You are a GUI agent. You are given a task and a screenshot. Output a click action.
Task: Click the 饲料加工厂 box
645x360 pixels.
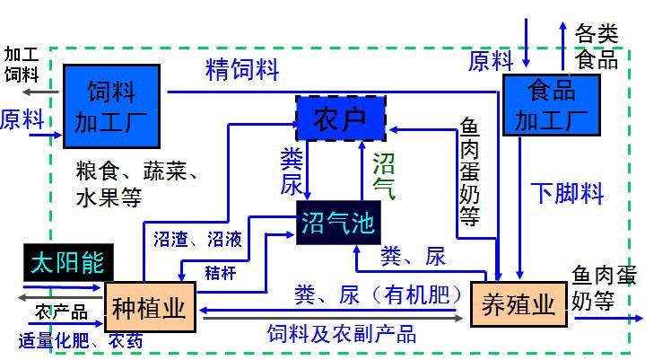point(111,104)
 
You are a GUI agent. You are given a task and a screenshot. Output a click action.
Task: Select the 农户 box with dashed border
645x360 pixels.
point(340,119)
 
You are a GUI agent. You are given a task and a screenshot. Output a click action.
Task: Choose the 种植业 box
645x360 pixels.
point(150,308)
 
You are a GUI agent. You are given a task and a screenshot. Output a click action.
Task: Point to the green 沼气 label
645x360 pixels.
point(384,174)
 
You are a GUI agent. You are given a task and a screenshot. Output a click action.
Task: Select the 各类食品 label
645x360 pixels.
point(597,48)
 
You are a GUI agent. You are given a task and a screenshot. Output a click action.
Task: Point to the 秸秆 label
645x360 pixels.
point(221,272)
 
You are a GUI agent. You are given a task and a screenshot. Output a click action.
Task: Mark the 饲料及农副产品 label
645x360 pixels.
point(342,334)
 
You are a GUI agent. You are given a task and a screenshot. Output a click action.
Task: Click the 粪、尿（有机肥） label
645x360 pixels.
point(377,294)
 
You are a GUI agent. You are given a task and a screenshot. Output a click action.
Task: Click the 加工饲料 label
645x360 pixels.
point(22,63)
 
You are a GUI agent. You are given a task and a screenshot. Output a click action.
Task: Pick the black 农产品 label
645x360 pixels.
point(61,312)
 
